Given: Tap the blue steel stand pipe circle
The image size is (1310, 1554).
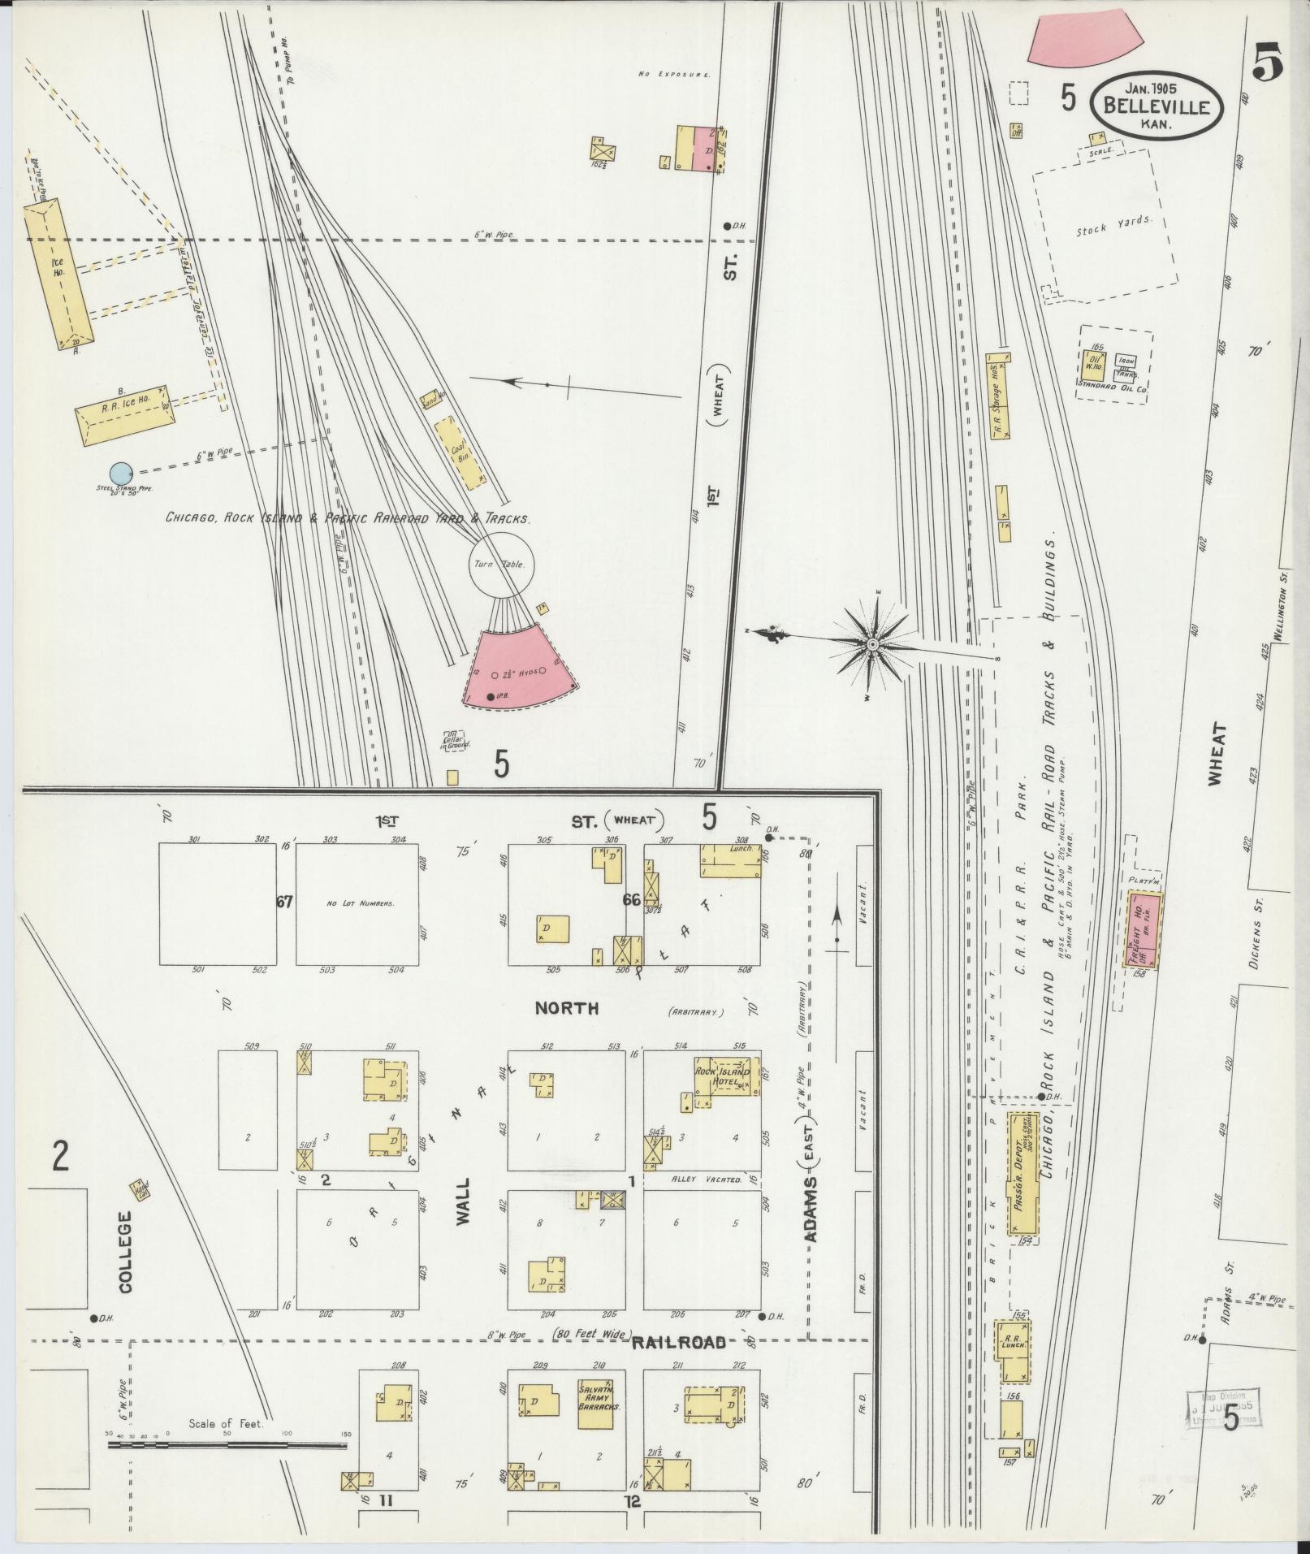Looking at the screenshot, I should [x=120, y=472].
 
